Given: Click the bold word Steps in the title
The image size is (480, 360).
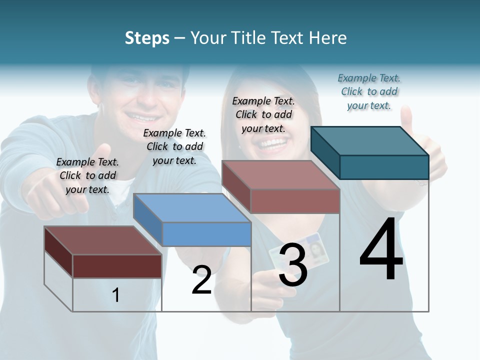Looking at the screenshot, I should tap(147, 38).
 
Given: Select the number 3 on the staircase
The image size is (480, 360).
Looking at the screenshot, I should tap(292, 265).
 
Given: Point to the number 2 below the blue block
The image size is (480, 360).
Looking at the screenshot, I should tap(201, 280).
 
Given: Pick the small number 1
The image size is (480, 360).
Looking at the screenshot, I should tap(115, 295).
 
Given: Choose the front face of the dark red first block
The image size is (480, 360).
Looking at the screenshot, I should tap(117, 266).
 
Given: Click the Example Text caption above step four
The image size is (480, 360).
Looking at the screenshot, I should tap(369, 92).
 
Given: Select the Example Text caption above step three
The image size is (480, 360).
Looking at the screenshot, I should tap(263, 114).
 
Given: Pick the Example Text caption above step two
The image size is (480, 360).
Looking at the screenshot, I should tap(174, 146).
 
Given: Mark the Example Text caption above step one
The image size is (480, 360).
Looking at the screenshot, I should tap(87, 175).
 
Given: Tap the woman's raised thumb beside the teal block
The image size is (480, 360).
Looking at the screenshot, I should tap(407, 120).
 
